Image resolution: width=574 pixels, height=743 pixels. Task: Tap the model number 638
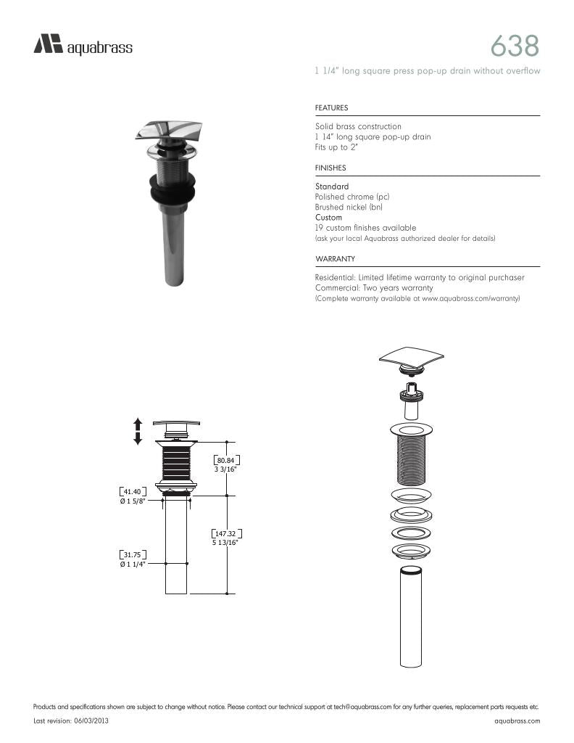[515, 46]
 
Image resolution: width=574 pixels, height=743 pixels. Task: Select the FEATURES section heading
[331, 108]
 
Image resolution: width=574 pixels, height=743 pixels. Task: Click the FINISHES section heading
[330, 168]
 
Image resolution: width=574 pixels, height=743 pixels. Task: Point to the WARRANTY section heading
[334, 259]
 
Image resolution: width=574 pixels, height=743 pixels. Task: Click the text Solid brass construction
[358, 127]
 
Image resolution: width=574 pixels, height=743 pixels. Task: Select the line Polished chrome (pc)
[354, 197]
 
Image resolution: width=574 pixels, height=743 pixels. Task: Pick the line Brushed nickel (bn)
[349, 208]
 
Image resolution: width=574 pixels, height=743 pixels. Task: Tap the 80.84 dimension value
[225, 460]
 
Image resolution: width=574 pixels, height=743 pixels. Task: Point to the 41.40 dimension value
[133, 491]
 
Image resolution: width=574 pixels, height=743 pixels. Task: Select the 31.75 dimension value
[133, 555]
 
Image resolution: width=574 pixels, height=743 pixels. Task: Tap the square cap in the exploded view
[411, 356]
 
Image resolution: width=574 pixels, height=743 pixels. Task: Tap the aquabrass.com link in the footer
[517, 721]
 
